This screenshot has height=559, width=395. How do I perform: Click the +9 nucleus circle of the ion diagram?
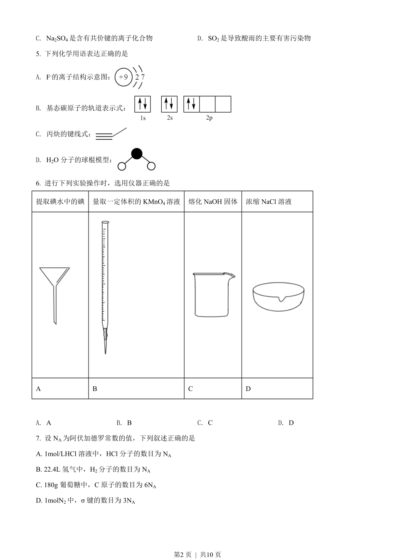[x=123, y=77]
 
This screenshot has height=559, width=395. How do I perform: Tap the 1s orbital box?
[x=142, y=104]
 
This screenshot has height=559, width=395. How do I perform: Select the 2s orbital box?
[x=169, y=104]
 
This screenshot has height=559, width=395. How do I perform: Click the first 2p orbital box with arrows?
[x=191, y=104]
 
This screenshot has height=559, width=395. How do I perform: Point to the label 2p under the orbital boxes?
[x=209, y=118]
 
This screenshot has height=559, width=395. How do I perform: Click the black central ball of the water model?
[x=136, y=154]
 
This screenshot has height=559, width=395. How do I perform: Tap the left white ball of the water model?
[x=122, y=166]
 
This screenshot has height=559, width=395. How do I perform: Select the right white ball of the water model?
[x=151, y=166]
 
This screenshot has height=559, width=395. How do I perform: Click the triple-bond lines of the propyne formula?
[x=104, y=136]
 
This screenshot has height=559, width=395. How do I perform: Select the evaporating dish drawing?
[x=279, y=296]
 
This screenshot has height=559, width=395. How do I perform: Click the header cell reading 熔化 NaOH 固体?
[x=213, y=202]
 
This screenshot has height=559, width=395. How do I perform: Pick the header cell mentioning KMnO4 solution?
[x=136, y=202]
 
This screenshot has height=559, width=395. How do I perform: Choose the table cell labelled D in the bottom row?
[x=277, y=389]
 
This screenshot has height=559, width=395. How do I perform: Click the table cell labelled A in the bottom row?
[x=60, y=389]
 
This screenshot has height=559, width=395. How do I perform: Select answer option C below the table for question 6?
[x=210, y=423]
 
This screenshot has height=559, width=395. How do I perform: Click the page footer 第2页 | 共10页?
[x=197, y=554]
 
